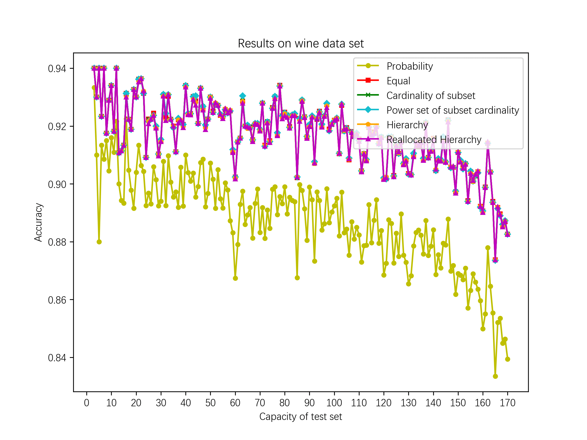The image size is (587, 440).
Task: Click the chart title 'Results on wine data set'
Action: (x=301, y=44)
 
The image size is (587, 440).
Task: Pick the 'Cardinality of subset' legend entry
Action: (x=430, y=96)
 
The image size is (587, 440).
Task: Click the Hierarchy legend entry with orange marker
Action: (x=407, y=125)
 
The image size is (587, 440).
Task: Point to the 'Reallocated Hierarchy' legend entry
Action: (x=434, y=140)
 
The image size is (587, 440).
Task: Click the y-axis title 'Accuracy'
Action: (x=38, y=222)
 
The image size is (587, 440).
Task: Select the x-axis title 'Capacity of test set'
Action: (x=301, y=416)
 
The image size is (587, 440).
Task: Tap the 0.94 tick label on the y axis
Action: (x=57, y=69)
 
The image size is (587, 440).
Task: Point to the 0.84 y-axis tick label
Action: (x=57, y=358)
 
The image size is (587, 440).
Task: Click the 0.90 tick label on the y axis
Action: (x=57, y=184)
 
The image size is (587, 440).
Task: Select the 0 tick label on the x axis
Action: (x=87, y=403)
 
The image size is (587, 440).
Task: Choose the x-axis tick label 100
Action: (x=334, y=403)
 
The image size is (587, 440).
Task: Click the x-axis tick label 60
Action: (x=235, y=403)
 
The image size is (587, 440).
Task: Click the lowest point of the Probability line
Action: (x=495, y=376)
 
